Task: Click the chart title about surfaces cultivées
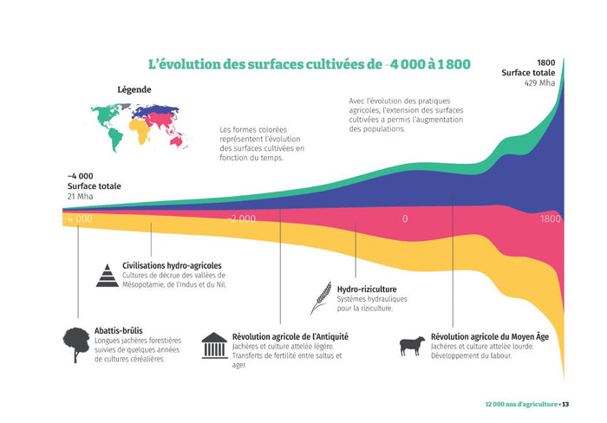click(310, 64)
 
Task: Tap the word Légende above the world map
click(134, 89)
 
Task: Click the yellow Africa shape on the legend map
click(139, 131)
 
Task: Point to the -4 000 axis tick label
click(77, 218)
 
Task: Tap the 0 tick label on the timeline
click(404, 218)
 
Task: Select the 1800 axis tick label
click(550, 218)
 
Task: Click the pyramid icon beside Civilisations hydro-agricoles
click(107, 275)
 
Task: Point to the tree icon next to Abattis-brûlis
click(77, 341)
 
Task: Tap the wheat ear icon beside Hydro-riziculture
click(321, 297)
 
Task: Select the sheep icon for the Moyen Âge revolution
click(412, 346)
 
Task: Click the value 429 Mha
click(539, 84)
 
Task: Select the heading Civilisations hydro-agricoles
click(172, 264)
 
